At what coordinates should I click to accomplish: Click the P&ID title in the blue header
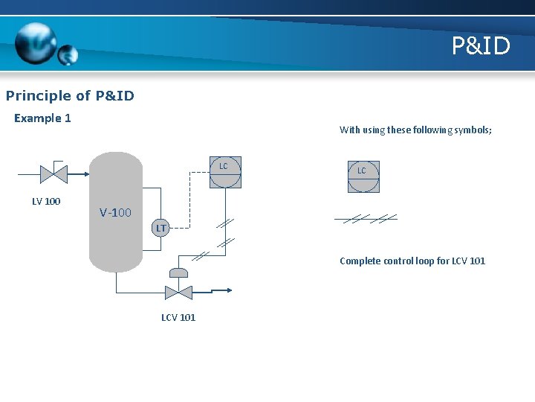click(481, 46)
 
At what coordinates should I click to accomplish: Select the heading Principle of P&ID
click(70, 95)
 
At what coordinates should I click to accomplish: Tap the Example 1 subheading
click(42, 118)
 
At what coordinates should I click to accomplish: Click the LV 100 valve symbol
click(53, 174)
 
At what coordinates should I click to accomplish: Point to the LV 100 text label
click(46, 201)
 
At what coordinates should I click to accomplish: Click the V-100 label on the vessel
click(115, 213)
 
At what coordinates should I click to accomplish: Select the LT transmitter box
click(160, 227)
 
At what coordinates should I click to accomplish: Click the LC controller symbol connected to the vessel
click(224, 173)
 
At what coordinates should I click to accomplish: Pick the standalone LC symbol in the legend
click(363, 176)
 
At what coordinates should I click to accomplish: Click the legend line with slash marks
click(366, 218)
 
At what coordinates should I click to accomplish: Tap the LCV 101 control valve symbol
click(178, 292)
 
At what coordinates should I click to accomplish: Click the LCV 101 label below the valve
click(178, 317)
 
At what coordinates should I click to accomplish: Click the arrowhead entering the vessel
click(85, 174)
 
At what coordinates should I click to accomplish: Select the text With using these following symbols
click(415, 130)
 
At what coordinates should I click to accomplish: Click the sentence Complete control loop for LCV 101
click(412, 261)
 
